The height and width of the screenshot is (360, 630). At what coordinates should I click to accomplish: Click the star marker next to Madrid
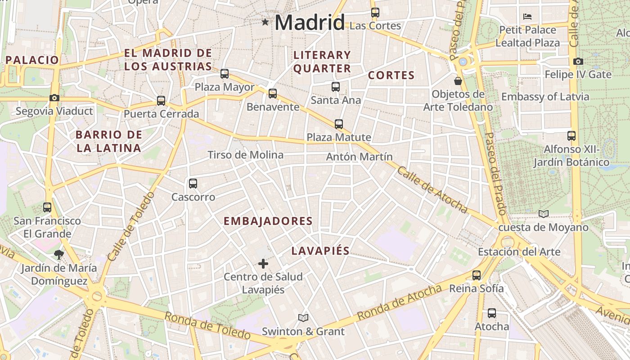265,22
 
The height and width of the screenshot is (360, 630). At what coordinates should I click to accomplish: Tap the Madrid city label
310,22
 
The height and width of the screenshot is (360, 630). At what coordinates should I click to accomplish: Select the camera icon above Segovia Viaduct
54,98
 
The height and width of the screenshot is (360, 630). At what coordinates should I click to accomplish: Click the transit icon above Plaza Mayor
225,74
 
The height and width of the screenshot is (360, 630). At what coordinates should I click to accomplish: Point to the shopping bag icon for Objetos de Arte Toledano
458,81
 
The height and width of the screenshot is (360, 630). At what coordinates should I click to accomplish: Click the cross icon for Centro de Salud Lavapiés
263,263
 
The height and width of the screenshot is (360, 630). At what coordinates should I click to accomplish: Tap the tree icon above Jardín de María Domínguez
58,255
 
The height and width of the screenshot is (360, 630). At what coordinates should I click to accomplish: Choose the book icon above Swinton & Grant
303,318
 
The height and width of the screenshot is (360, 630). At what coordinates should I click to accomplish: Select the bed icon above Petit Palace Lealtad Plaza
528,17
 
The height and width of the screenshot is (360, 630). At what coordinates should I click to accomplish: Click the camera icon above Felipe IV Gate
578,61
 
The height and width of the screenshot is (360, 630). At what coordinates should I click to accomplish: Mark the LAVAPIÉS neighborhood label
320,251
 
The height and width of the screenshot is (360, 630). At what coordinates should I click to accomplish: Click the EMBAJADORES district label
268,221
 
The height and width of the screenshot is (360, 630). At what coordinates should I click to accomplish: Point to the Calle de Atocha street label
432,189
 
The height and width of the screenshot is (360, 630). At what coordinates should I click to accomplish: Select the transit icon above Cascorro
193,184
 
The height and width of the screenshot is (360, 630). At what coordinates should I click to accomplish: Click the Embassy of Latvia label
545,97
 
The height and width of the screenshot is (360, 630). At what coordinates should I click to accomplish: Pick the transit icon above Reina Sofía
477,275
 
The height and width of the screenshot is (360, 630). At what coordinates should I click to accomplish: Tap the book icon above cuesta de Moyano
544,214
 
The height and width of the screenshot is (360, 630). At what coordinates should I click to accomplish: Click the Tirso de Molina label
245,155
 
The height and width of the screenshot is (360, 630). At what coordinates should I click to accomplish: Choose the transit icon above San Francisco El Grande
47,207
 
